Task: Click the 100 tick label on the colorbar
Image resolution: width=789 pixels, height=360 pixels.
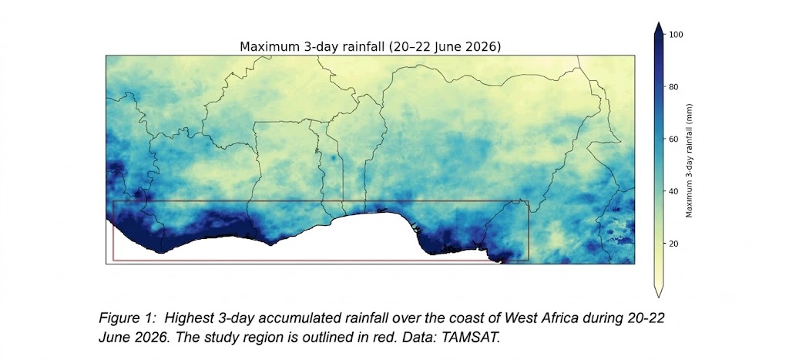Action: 677,34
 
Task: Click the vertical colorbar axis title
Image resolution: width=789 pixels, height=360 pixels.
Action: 690,160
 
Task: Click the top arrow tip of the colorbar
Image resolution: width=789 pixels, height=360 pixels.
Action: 658,22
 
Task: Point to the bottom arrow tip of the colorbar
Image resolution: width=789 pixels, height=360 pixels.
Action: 658,297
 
